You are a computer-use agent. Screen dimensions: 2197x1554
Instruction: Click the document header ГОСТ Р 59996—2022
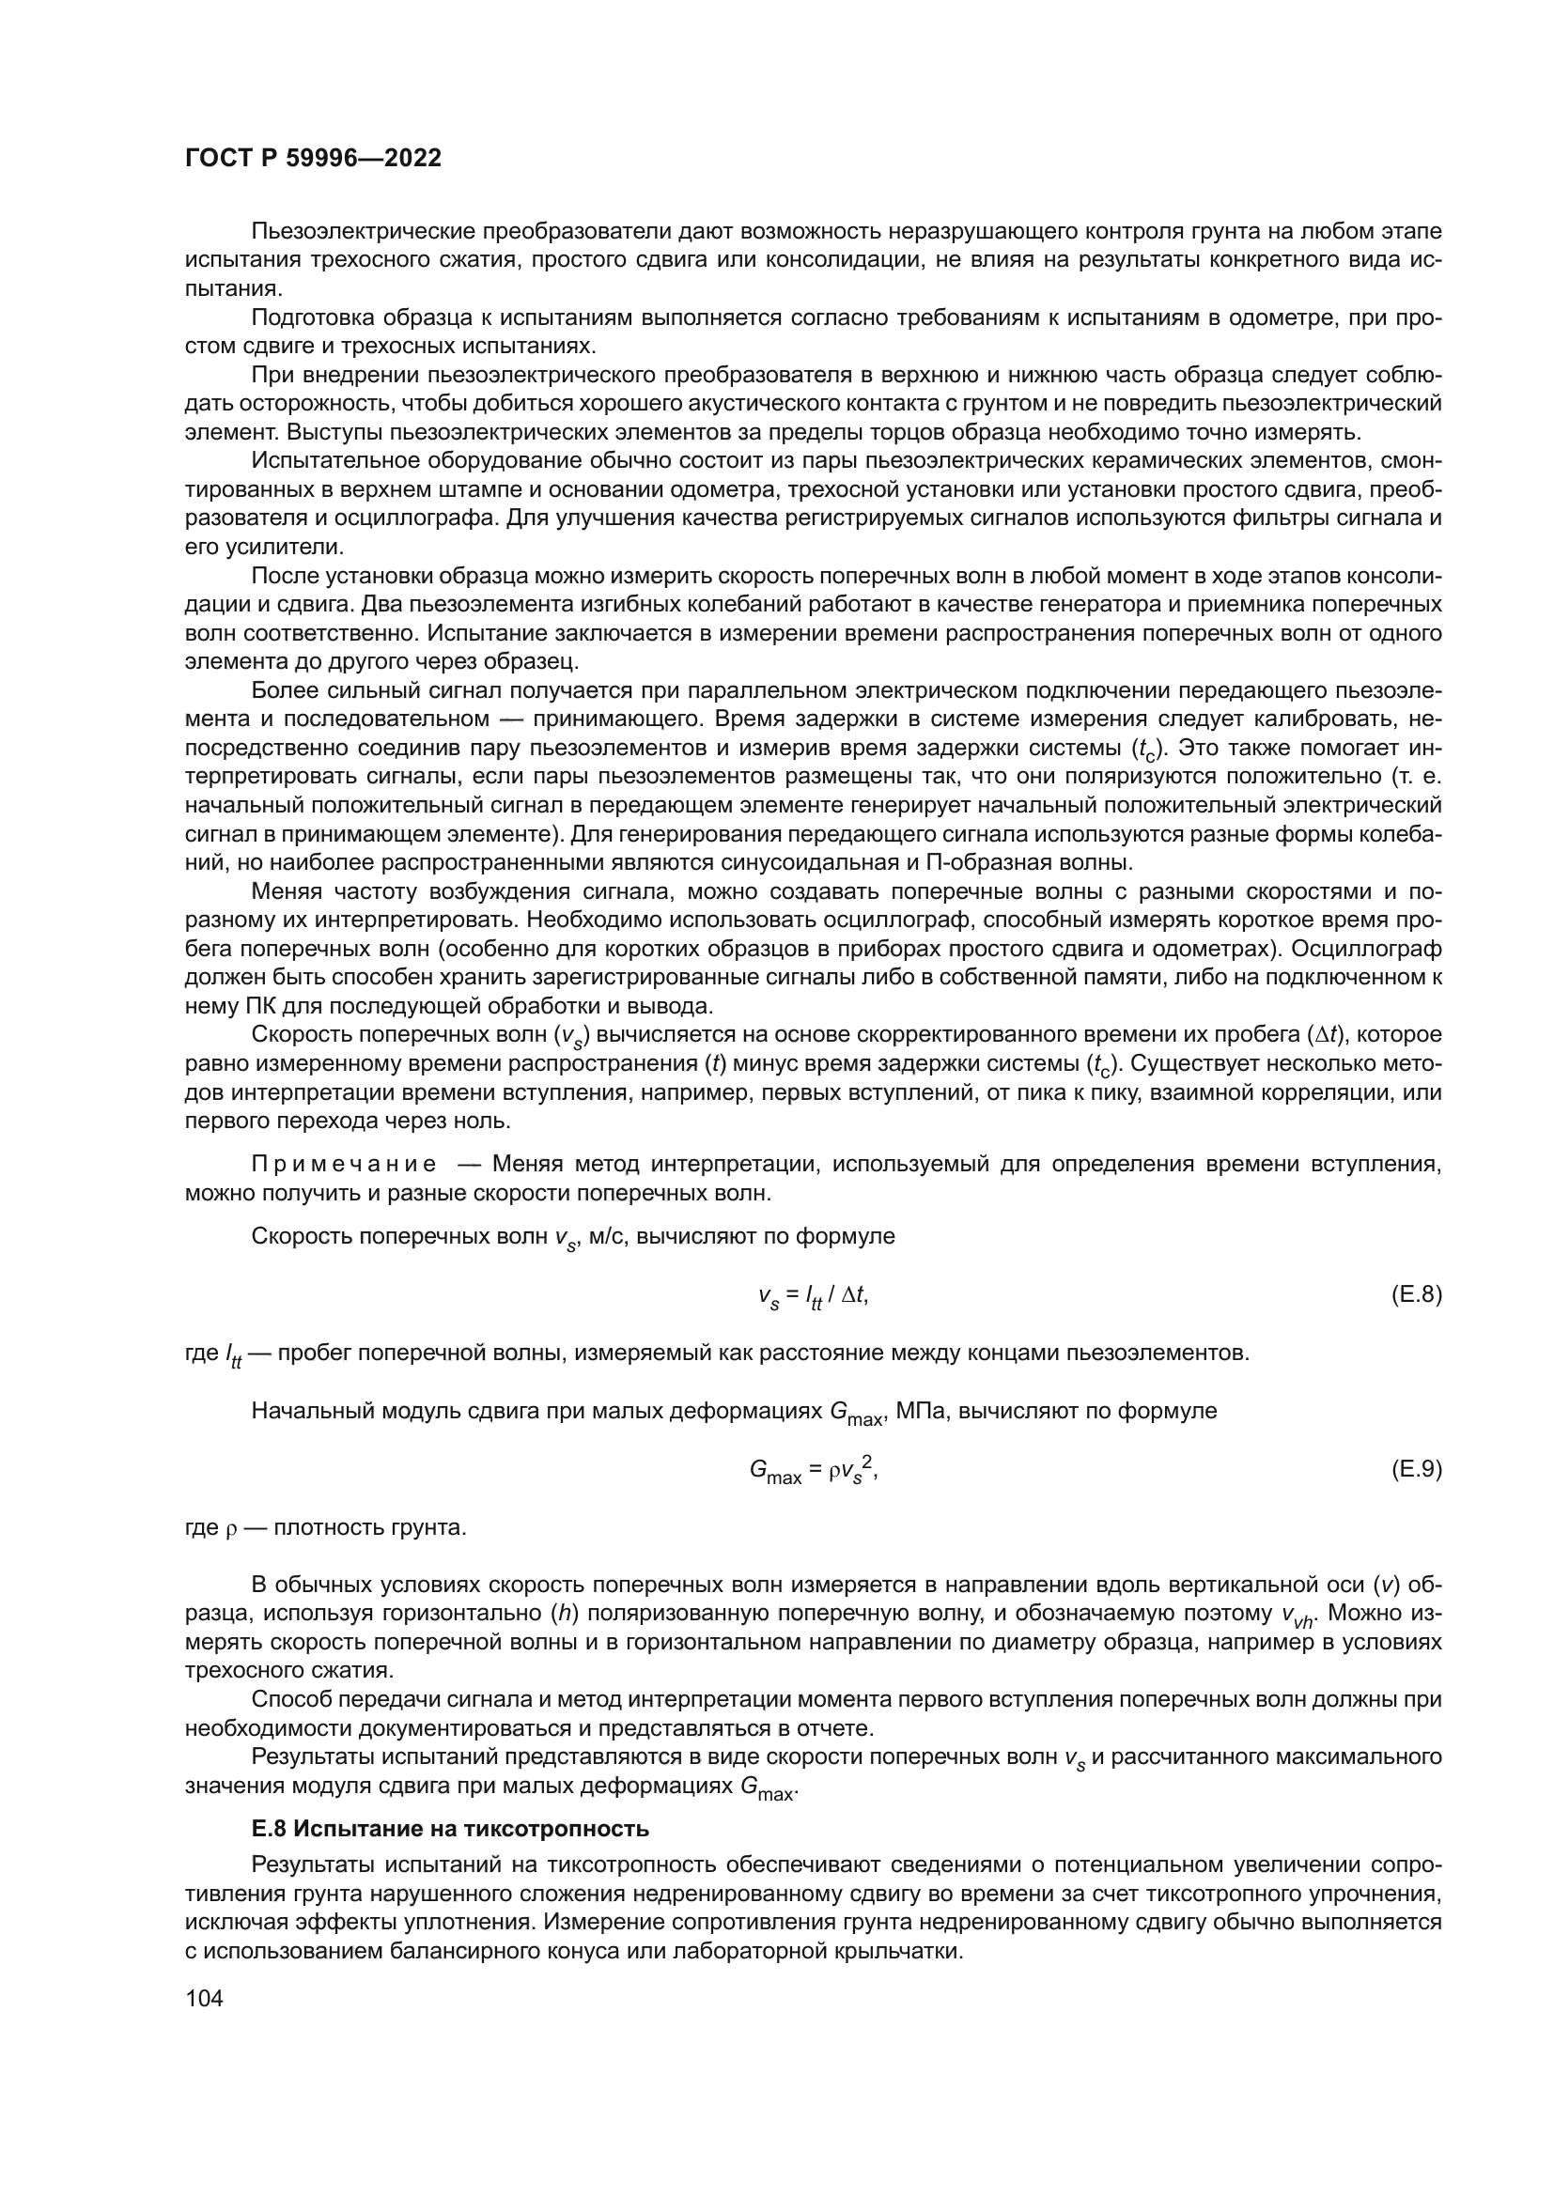pos(313,159)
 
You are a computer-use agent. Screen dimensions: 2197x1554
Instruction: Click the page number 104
pos(204,1998)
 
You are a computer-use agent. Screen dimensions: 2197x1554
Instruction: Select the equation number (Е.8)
pos(1415,1295)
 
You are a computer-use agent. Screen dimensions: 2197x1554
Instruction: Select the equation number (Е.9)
pos(1415,1470)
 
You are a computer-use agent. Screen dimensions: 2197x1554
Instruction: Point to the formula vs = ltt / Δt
pos(813,1296)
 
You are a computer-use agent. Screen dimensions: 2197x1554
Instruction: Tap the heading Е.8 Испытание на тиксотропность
pos(450,1829)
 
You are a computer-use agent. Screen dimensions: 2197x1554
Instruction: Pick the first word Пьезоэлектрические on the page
pos(364,232)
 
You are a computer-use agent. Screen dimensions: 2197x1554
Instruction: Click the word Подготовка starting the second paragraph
pos(312,317)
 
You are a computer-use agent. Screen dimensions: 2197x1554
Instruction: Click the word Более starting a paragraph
pos(282,691)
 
